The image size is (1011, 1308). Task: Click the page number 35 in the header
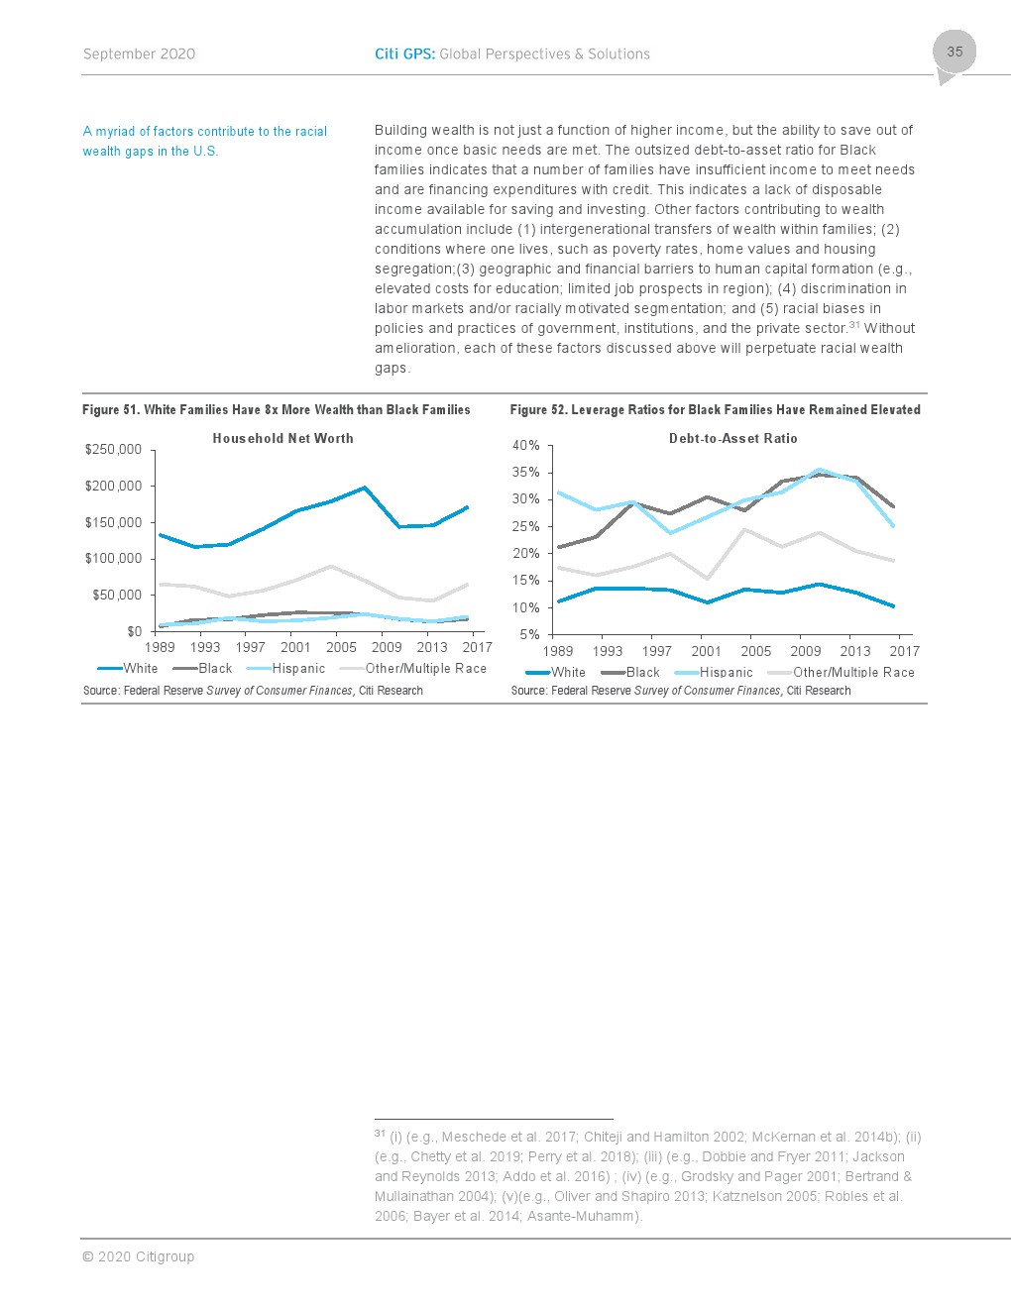[955, 52]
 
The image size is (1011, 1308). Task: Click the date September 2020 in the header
[139, 54]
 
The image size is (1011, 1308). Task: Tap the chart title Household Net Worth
[283, 438]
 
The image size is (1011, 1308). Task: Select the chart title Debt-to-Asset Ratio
[732, 438]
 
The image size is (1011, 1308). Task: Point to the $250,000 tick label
[113, 450]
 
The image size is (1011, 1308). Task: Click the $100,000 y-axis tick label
[113, 559]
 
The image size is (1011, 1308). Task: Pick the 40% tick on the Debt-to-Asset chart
[525, 446]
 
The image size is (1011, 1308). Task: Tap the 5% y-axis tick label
[529, 634]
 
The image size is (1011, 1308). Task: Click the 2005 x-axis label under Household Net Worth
[341, 647]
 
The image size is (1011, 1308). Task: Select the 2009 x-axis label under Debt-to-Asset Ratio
[805, 651]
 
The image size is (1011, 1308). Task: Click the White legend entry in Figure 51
[128, 668]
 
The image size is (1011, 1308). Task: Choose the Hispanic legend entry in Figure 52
[714, 672]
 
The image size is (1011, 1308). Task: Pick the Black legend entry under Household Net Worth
[202, 668]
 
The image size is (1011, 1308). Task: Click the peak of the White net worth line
[365, 488]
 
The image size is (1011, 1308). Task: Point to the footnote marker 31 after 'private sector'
[854, 325]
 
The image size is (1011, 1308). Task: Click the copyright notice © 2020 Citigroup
[139, 1256]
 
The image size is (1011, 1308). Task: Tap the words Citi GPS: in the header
[404, 54]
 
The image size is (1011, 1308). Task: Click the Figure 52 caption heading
[716, 410]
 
